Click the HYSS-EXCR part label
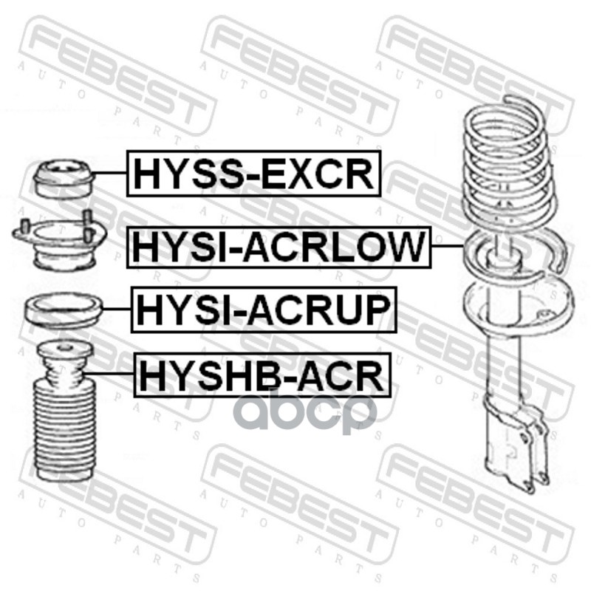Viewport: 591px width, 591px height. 254,174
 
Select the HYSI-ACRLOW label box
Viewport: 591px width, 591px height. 279,247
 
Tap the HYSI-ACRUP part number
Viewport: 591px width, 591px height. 264,310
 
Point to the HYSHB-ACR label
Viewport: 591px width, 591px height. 262,375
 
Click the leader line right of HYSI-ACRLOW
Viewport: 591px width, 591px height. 448,245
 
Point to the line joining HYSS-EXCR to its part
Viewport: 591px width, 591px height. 109,173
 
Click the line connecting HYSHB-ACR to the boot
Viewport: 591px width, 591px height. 108,373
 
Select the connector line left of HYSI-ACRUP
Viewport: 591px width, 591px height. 117,309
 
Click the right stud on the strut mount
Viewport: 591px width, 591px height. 87,225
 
